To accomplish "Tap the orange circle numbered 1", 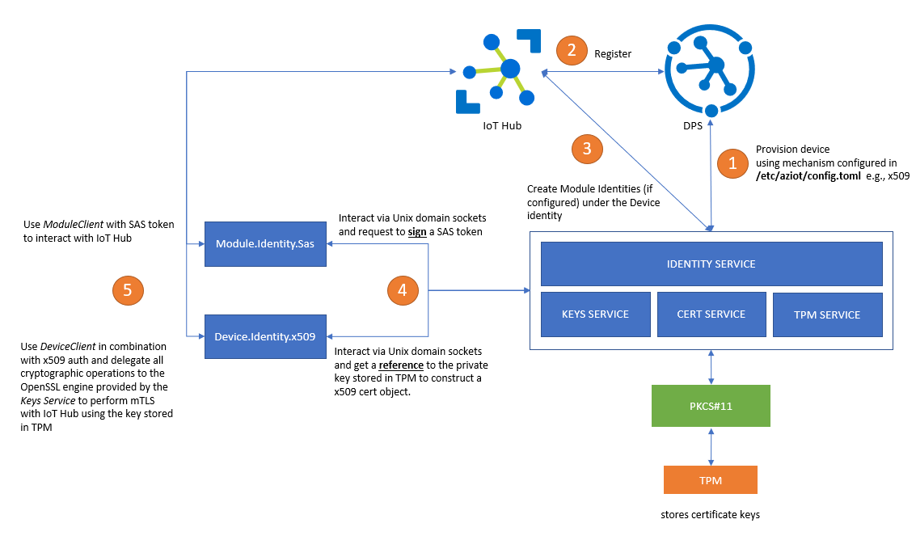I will (732, 162).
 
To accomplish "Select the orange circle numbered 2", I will (572, 50).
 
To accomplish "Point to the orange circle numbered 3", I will (586, 148).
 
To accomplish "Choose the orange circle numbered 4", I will (402, 289).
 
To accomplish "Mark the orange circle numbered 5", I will (127, 289).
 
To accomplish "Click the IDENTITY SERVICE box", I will (711, 264).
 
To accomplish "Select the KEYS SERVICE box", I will (595, 314).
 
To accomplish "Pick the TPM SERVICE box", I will (827, 314).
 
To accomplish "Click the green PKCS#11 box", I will (711, 406).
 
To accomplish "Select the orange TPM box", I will (710, 480).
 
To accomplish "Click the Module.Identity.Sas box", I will (264, 243).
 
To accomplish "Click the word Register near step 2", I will (613, 54).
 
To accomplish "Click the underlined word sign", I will (416, 231).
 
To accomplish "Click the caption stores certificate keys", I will (710, 515).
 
